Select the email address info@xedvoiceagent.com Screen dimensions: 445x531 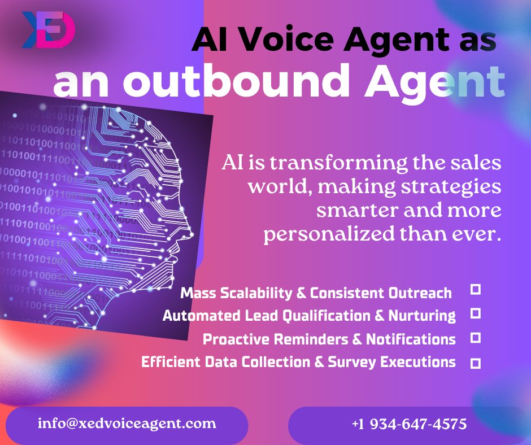tap(127, 423)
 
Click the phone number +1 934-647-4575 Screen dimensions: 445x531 tap(409, 424)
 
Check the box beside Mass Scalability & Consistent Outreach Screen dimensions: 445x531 tap(476, 290)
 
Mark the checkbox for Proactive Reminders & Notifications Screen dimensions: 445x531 tap(476, 338)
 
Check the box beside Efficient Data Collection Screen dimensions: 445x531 tap(476, 363)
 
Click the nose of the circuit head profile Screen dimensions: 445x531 tap(190, 232)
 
